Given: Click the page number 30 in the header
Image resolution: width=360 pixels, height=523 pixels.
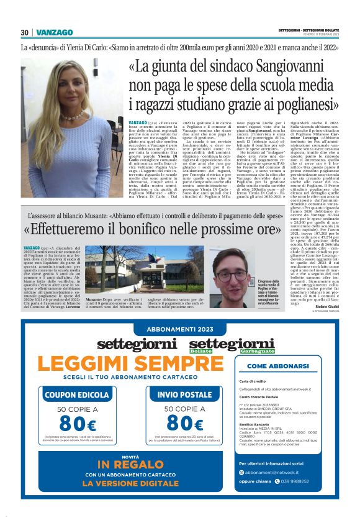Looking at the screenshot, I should [x=25, y=32].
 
